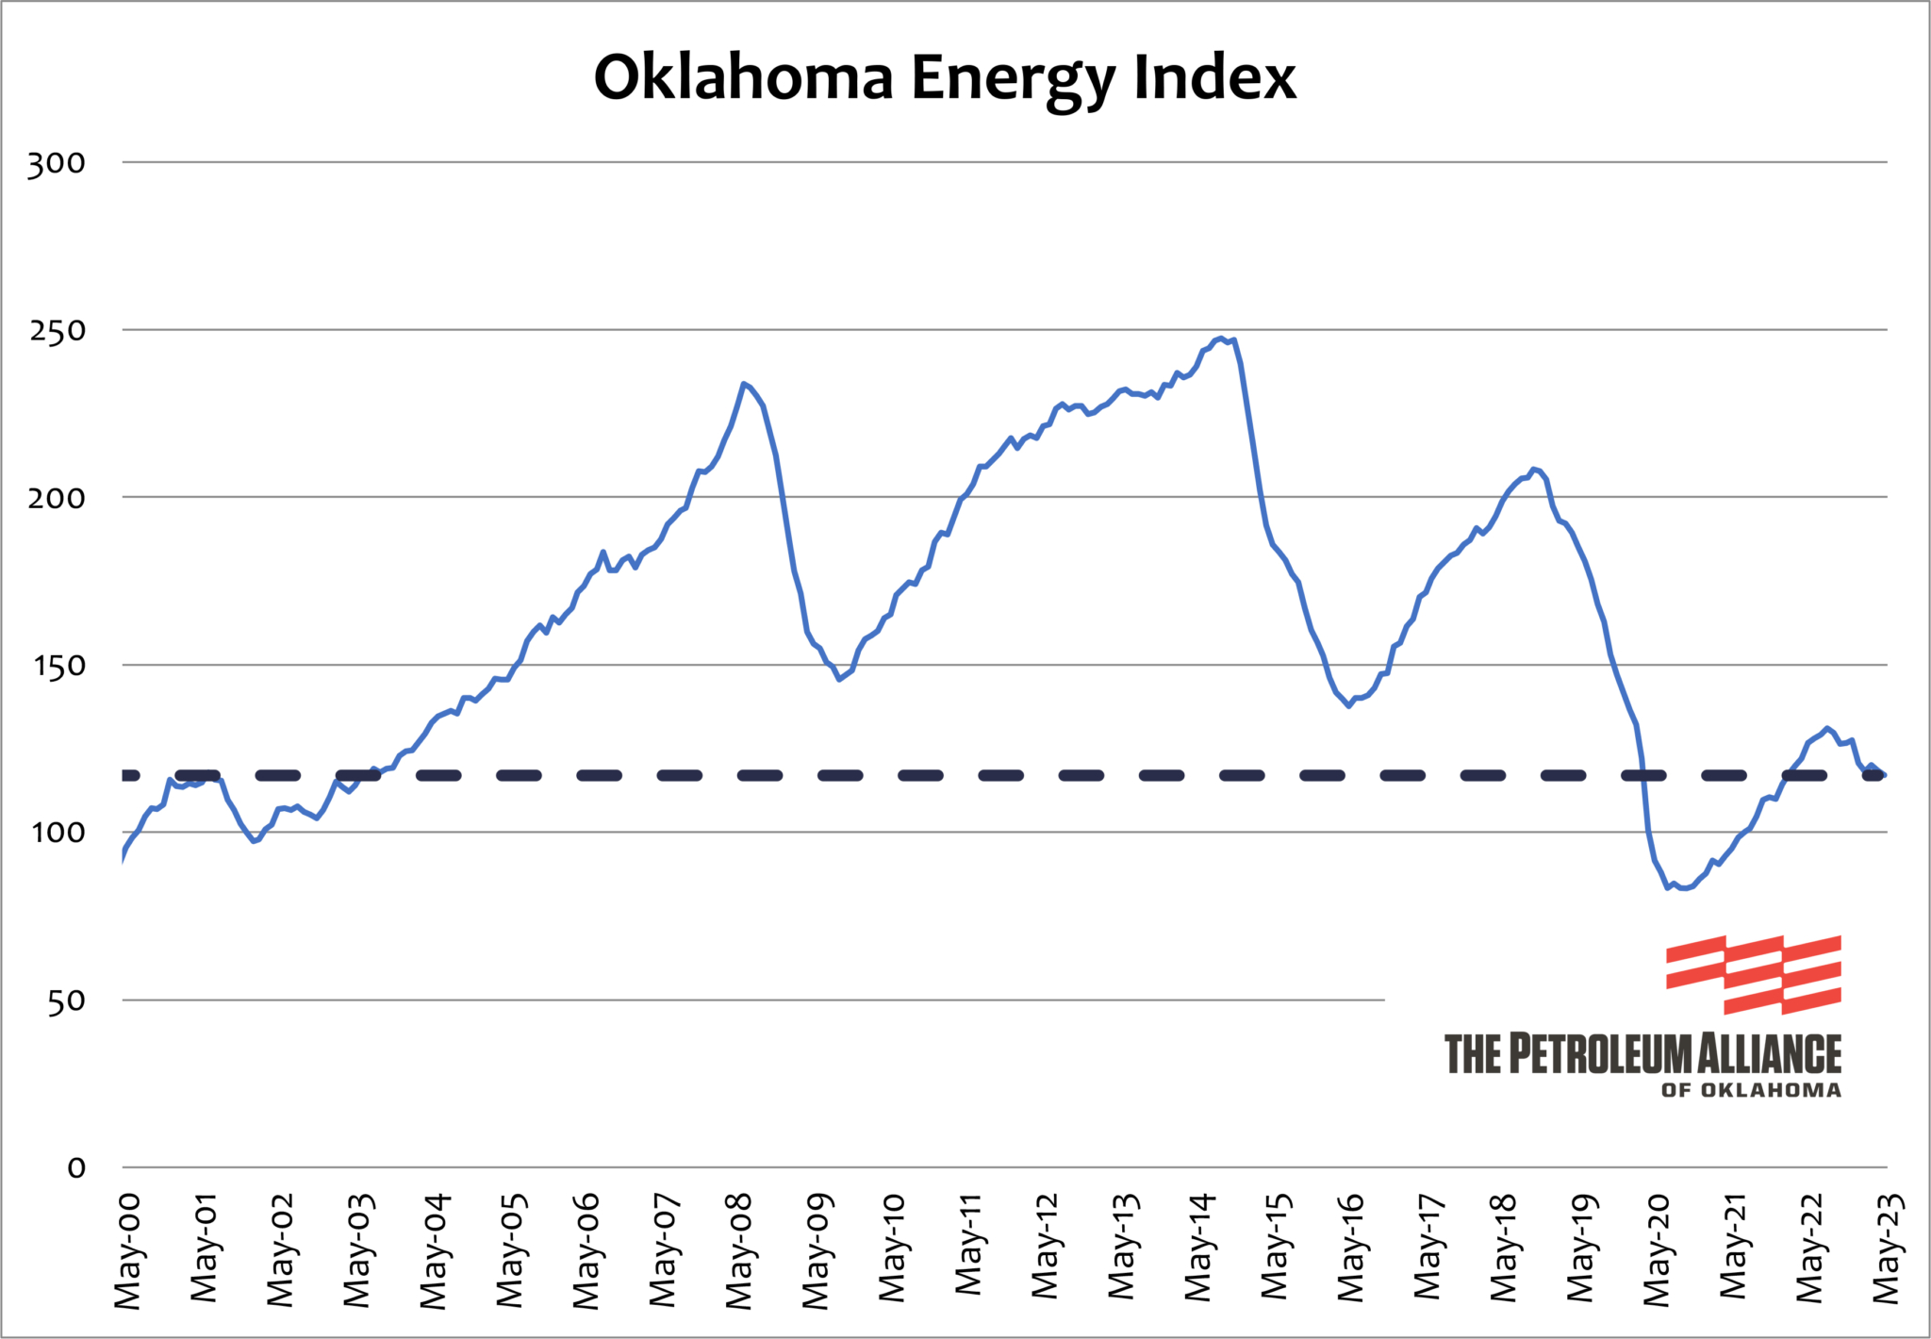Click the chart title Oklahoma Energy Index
945,77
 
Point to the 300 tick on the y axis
57,163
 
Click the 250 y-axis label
57,331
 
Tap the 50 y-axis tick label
66,1000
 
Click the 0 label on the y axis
76,1168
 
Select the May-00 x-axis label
127,1251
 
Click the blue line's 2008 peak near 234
744,384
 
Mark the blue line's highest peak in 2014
1221,338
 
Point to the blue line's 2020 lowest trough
1667,887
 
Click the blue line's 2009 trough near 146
839,679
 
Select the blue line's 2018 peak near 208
1534,469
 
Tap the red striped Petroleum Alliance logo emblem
1754,974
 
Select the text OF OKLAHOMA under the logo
1751,1090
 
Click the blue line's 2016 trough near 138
1349,705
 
